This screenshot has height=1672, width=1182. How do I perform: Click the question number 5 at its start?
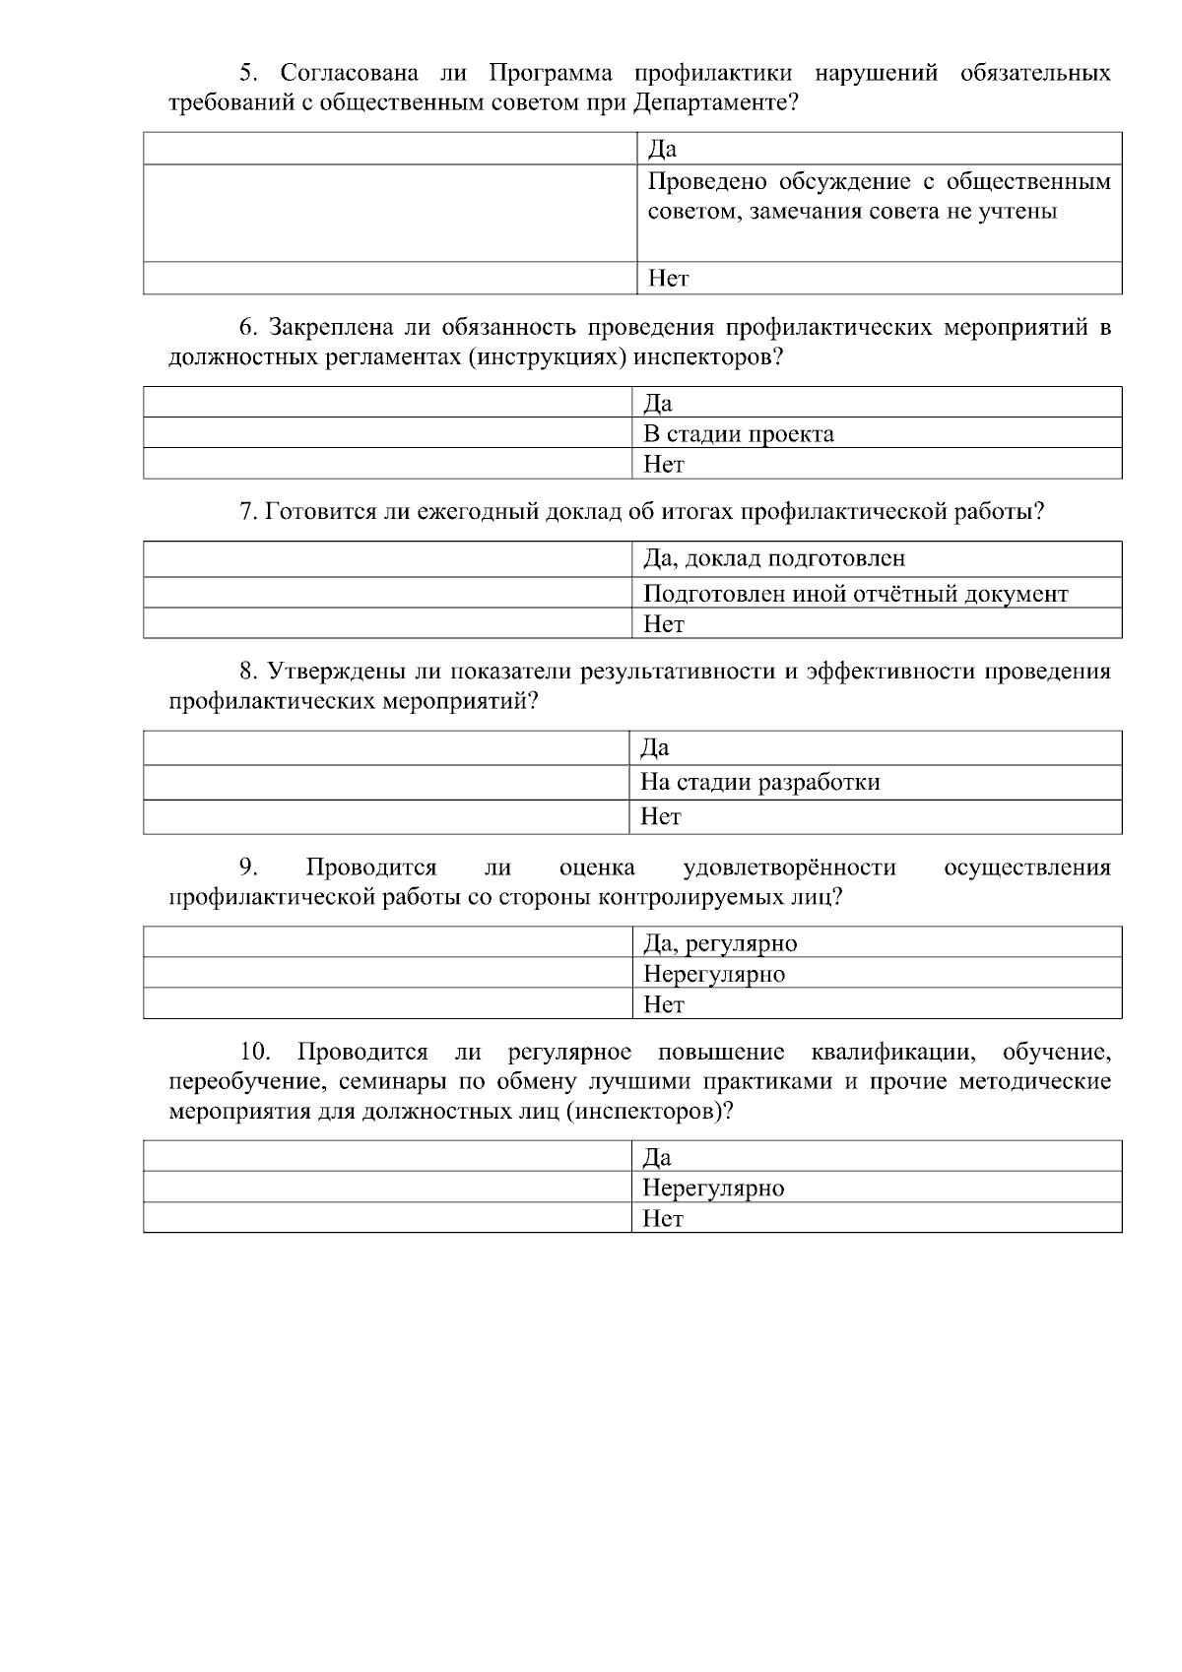[248, 73]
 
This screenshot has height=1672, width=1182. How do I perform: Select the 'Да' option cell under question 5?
[662, 150]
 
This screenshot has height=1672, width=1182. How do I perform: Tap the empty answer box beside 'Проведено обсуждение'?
[390, 213]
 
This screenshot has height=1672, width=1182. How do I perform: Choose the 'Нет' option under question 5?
[668, 279]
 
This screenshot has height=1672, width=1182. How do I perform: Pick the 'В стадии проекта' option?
[738, 434]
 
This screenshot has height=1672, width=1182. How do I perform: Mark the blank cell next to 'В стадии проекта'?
[387, 433]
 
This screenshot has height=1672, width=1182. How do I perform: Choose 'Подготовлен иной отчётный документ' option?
[855, 594]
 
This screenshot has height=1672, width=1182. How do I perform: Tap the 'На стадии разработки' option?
[759, 783]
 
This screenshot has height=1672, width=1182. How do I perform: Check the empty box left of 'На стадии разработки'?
[387, 783]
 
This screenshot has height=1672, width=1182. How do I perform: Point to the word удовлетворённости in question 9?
[789, 868]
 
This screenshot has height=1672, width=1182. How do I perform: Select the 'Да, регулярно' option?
[719, 943]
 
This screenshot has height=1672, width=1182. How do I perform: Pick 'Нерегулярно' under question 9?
[713, 974]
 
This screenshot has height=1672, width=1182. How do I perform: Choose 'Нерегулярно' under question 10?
[713, 1188]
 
